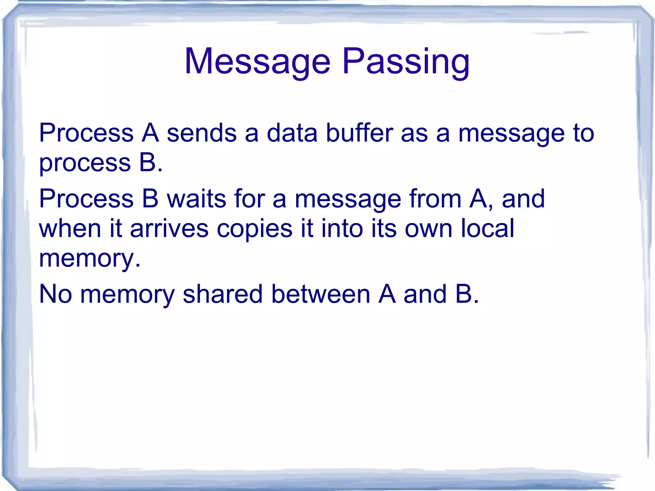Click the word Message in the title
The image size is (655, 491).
point(257,61)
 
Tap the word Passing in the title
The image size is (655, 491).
point(406,61)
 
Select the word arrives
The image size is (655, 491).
point(169,228)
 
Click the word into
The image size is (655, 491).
point(342,228)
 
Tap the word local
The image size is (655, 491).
point(487,228)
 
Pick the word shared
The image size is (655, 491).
point(223,294)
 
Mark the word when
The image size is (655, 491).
point(70,228)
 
